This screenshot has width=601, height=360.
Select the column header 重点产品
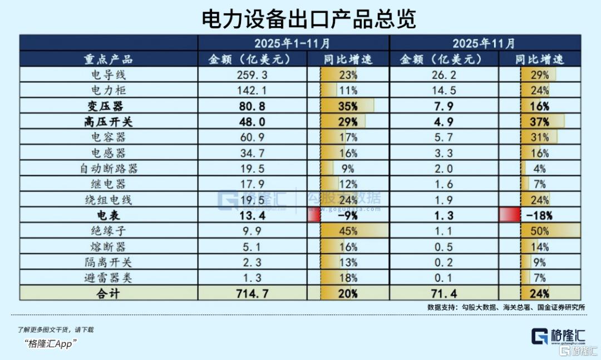click(x=109, y=59)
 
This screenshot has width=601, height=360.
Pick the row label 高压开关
click(x=109, y=121)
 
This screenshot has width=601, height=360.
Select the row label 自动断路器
click(x=109, y=169)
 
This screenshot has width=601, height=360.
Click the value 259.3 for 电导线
click(x=252, y=75)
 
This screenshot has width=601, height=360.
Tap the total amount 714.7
click(x=252, y=293)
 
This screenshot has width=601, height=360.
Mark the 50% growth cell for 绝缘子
click(x=539, y=231)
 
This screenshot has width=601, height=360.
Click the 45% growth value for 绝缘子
click(x=348, y=231)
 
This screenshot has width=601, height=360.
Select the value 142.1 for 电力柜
click(x=252, y=90)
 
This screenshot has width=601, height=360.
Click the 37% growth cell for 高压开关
click(x=539, y=121)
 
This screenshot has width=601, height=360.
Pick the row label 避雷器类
click(x=109, y=278)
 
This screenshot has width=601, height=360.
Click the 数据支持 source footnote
click(x=506, y=307)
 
